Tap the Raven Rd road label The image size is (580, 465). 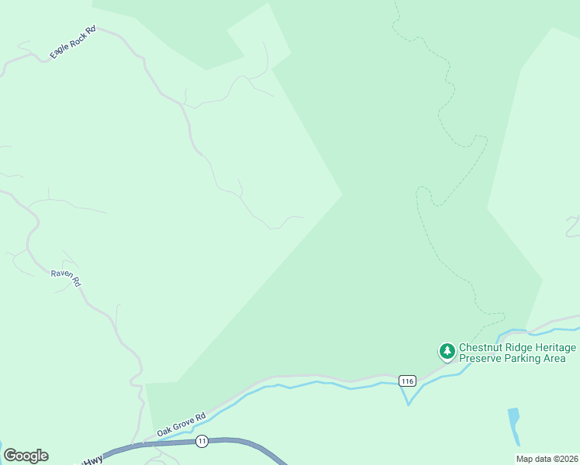tap(66, 278)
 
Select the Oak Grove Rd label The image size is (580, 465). tap(181, 423)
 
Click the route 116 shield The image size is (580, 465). tap(407, 381)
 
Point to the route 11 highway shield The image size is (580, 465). tap(202, 441)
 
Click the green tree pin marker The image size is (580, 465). tap(447, 352)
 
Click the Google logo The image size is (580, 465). tap(26, 456)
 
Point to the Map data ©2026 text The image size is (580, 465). tap(547, 459)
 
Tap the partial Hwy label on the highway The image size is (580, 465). tap(92, 460)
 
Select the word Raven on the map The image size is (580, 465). tap(62, 274)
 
